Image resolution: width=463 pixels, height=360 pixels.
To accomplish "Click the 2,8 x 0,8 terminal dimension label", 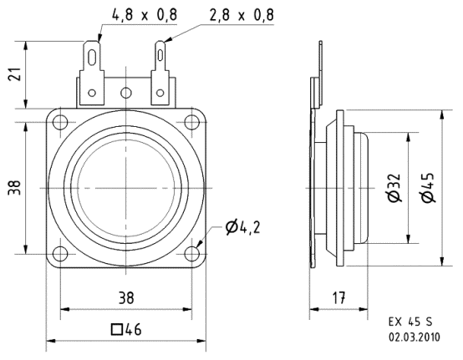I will (232, 13).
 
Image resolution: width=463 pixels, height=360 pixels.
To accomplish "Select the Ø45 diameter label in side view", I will (428, 190).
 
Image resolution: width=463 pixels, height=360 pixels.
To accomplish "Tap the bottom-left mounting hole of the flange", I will (59, 254).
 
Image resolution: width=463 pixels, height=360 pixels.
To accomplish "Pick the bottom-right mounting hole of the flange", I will (194, 254).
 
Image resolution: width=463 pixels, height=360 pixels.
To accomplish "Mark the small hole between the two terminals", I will (126, 92).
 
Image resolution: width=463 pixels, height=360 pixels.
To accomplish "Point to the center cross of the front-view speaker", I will (126, 188).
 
